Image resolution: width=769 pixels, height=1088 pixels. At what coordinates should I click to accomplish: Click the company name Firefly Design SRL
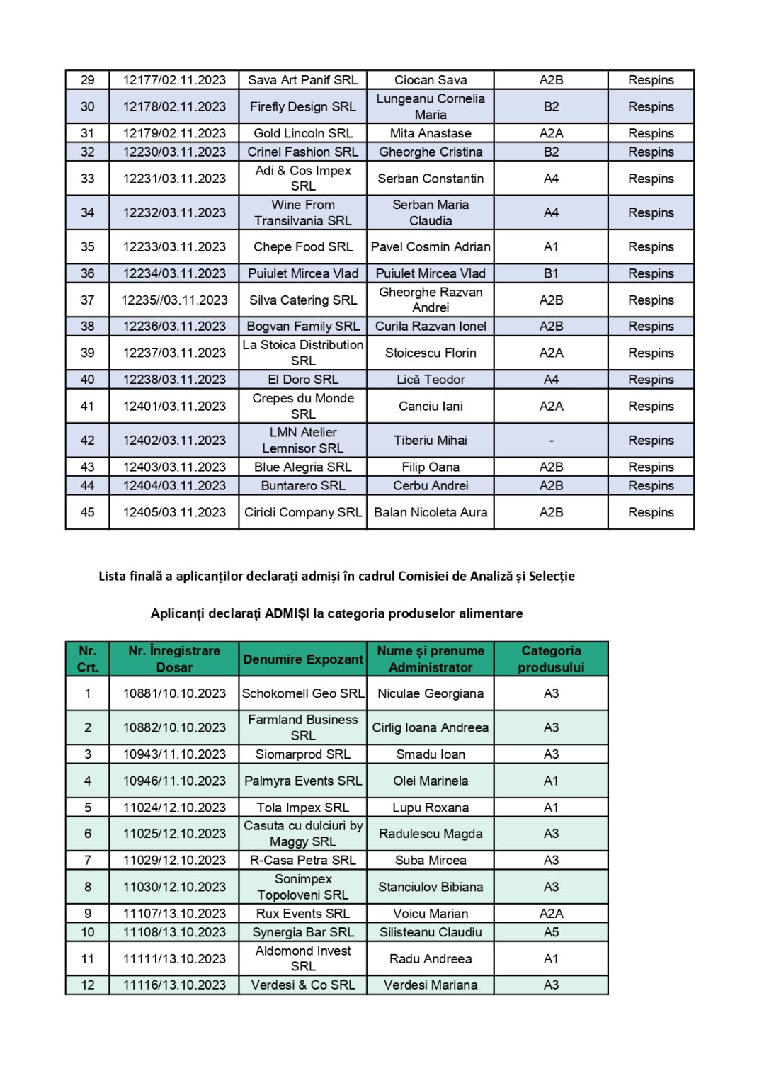click(302, 106)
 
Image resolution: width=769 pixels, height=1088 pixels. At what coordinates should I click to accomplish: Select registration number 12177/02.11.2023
click(174, 80)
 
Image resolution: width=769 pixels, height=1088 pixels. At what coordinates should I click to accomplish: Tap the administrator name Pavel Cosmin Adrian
click(431, 246)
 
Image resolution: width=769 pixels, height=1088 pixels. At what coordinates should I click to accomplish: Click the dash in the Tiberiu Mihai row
click(551, 440)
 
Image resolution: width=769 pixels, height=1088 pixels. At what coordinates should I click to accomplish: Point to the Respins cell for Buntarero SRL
click(651, 485)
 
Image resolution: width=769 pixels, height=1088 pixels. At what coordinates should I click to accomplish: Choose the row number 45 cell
click(87, 512)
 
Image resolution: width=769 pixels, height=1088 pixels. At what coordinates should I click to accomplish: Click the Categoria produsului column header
click(551, 659)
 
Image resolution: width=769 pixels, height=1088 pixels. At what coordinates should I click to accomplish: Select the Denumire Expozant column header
click(302, 659)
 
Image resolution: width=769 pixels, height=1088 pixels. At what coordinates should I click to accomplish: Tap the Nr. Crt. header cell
click(87, 659)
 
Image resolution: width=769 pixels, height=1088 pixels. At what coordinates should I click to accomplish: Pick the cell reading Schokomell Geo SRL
click(302, 693)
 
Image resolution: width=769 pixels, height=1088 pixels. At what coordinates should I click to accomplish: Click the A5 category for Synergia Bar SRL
click(551, 932)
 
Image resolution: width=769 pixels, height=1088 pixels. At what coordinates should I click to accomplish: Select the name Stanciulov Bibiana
click(431, 887)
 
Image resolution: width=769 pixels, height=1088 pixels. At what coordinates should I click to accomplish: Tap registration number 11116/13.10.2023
click(174, 985)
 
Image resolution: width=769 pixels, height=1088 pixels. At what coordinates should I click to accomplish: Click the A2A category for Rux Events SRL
click(551, 914)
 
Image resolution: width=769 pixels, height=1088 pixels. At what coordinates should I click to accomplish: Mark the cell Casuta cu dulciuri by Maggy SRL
click(302, 834)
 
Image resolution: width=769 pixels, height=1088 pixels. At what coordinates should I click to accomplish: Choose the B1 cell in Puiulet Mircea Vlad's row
click(551, 273)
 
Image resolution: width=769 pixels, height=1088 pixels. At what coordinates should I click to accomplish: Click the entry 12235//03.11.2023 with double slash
click(174, 300)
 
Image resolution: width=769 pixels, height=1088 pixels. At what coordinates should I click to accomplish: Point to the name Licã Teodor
click(431, 380)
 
